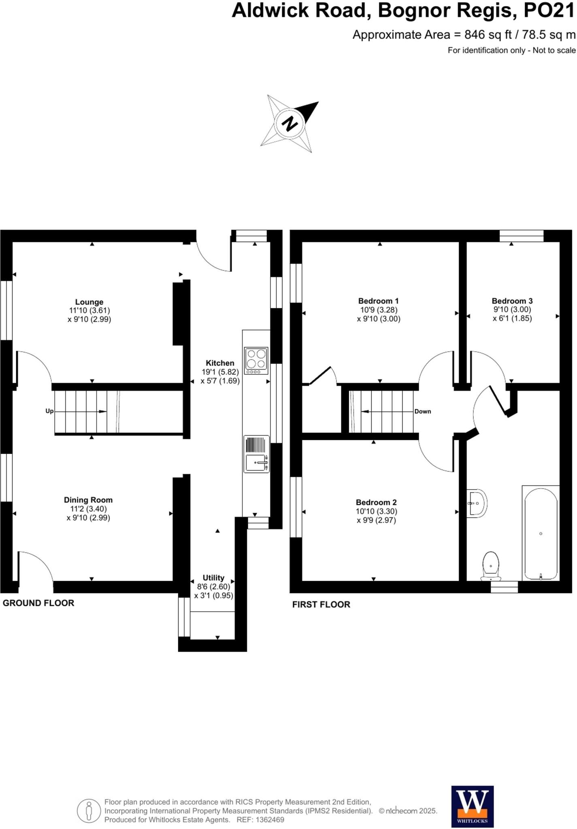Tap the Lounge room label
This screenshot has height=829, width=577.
point(89,302)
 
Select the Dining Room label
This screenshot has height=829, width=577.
point(88,500)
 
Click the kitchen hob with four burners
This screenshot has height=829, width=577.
point(256,360)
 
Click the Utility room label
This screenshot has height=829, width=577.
point(213,578)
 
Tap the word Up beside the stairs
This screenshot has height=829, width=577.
point(49,411)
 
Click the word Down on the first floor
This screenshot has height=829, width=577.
point(422,411)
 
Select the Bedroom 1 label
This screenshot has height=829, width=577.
point(378,301)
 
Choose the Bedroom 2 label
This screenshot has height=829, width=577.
point(376,502)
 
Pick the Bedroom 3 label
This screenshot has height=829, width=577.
point(512,301)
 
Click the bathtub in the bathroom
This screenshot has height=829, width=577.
point(541,534)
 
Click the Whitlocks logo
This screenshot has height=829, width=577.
point(472,806)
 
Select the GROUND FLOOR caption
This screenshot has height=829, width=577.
point(38,603)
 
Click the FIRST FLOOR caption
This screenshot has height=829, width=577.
point(321,604)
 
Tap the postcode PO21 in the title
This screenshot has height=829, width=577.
point(549,11)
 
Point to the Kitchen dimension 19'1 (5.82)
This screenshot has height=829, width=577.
point(220,372)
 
